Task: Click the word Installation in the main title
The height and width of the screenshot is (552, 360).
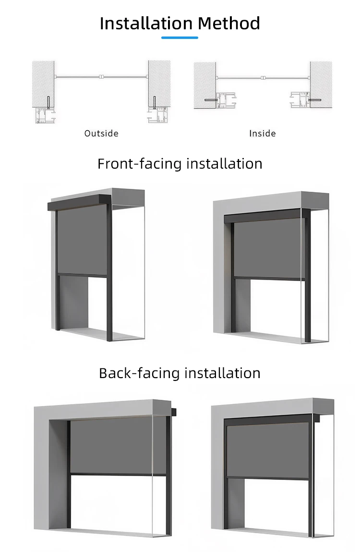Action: click(x=146, y=24)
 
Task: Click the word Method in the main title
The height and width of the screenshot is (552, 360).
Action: click(x=229, y=24)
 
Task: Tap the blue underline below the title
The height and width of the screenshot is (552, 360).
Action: click(x=180, y=37)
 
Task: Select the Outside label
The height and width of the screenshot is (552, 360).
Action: click(x=101, y=134)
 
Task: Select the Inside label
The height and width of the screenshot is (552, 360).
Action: click(x=263, y=134)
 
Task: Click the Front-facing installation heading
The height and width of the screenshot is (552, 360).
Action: click(x=180, y=164)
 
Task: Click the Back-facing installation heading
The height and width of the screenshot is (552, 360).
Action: click(x=180, y=373)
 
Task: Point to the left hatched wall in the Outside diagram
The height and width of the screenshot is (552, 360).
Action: click(x=43, y=84)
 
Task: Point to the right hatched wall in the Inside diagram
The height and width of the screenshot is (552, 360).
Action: click(x=321, y=85)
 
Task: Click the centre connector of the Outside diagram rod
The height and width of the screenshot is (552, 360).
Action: click(x=101, y=76)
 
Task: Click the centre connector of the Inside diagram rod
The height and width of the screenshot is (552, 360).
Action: click(x=263, y=78)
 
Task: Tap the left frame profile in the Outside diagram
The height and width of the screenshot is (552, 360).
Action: click(x=46, y=115)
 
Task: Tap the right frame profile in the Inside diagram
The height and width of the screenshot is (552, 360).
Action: click(x=300, y=99)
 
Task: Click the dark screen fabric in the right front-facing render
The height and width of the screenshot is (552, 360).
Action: click(x=267, y=248)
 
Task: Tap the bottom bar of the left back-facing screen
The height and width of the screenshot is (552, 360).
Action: click(x=118, y=475)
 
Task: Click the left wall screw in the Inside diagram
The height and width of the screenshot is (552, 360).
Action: click(x=210, y=100)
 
